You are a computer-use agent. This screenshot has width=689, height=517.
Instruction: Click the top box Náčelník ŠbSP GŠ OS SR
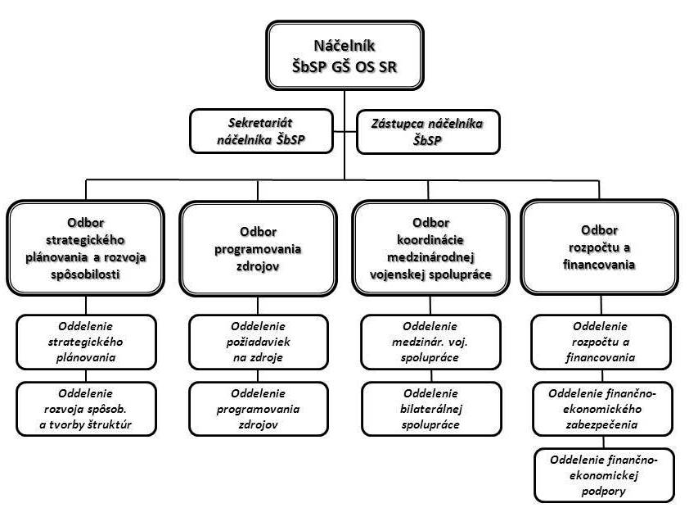[344, 55]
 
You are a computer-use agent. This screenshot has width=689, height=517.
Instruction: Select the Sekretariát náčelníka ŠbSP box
[262, 131]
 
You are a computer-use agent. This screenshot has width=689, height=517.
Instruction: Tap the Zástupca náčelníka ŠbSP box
[427, 131]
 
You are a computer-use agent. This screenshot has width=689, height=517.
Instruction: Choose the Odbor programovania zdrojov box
[258, 248]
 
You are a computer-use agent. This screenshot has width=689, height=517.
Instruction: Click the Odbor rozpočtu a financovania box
[599, 247]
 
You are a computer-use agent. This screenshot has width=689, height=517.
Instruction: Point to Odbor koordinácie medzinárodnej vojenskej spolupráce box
[431, 248]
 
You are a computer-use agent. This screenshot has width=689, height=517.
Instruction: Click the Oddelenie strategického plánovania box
[86, 342]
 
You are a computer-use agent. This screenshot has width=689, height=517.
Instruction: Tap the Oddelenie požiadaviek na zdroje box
[258, 342]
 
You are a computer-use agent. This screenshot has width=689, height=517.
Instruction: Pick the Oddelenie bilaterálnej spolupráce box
[430, 409]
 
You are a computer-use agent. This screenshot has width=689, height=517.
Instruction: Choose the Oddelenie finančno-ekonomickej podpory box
[605, 475]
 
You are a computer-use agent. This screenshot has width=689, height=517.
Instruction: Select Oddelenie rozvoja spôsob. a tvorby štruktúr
[86, 409]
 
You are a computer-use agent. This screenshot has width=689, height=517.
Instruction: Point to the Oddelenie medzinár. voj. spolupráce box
[430, 342]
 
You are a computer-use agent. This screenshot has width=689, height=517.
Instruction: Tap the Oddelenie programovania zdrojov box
[258, 409]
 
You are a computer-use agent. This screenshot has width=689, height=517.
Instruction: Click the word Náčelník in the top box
[344, 46]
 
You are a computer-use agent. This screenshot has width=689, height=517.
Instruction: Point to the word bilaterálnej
[430, 409]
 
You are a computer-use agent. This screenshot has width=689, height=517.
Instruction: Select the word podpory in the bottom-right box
[605, 491]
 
